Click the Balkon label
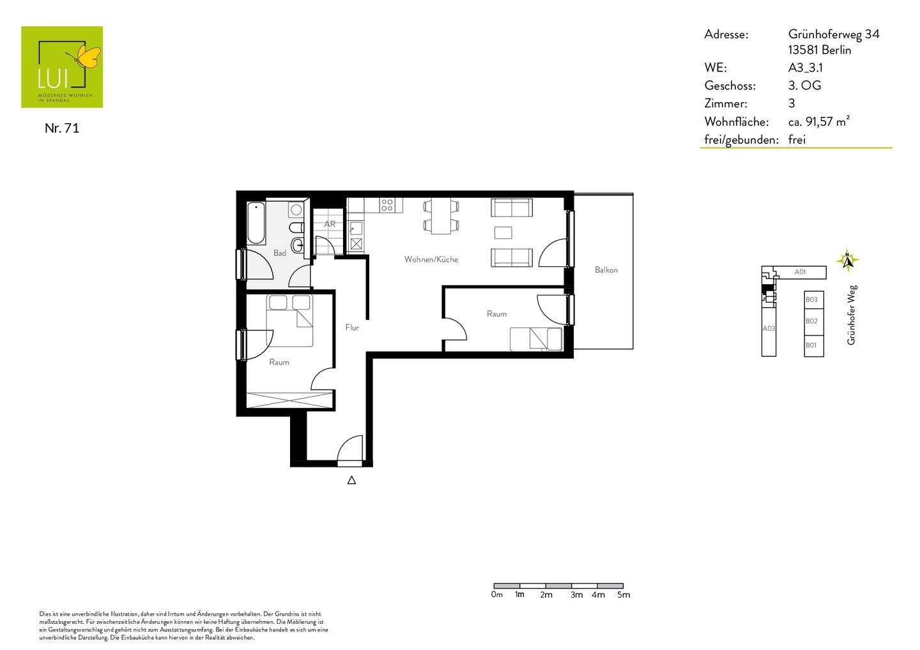point(606,270)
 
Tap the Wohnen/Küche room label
point(431,259)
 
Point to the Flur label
point(352,328)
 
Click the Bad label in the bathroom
point(280,253)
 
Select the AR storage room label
point(330,224)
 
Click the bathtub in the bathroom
point(256,223)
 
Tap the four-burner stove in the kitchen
point(387,205)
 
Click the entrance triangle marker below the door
point(351,480)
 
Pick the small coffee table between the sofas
point(503,232)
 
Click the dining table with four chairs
point(441,216)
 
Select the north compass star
point(847,260)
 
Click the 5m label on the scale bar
point(624,594)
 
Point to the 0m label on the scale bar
point(497,594)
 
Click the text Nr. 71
point(61,128)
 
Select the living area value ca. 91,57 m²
point(819,121)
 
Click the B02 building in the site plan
point(814,321)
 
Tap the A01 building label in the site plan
point(800,271)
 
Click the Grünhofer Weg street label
point(852,315)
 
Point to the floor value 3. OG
point(804,86)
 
